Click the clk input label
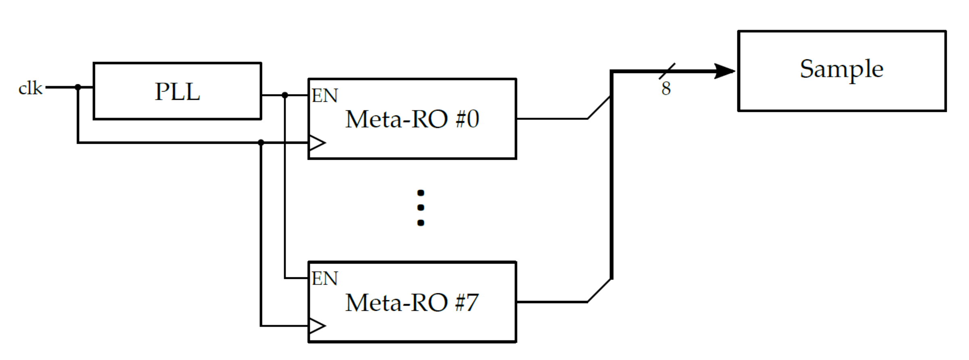click(30, 88)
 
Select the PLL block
click(177, 91)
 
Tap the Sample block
click(841, 71)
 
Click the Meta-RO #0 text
click(412, 119)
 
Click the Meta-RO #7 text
click(412, 303)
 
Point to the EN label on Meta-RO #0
click(325, 96)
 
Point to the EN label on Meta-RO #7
click(325, 279)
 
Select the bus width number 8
click(666, 89)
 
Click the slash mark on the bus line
click(667, 71)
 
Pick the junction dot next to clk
click(78, 87)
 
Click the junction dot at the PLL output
click(285, 95)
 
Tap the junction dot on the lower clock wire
click(261, 142)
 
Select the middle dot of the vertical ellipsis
click(421, 207)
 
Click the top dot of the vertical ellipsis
click(421, 193)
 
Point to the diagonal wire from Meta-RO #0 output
click(599, 107)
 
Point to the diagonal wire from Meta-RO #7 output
click(599, 291)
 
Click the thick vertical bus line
click(612, 182)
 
